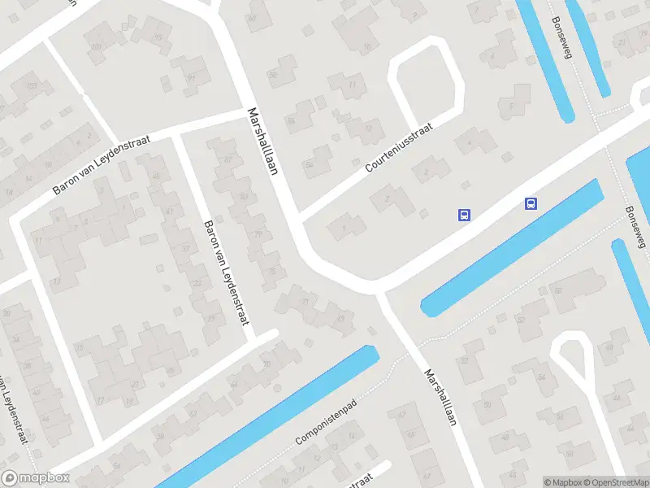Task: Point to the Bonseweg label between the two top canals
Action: tap(562, 37)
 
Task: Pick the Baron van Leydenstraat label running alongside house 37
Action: tap(225, 272)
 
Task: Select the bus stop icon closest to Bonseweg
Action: tap(531, 204)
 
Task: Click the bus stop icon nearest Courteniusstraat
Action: tap(464, 216)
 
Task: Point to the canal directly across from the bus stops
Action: tap(512, 248)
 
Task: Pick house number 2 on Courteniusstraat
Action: tap(388, 198)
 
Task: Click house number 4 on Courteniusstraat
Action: tap(469, 141)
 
